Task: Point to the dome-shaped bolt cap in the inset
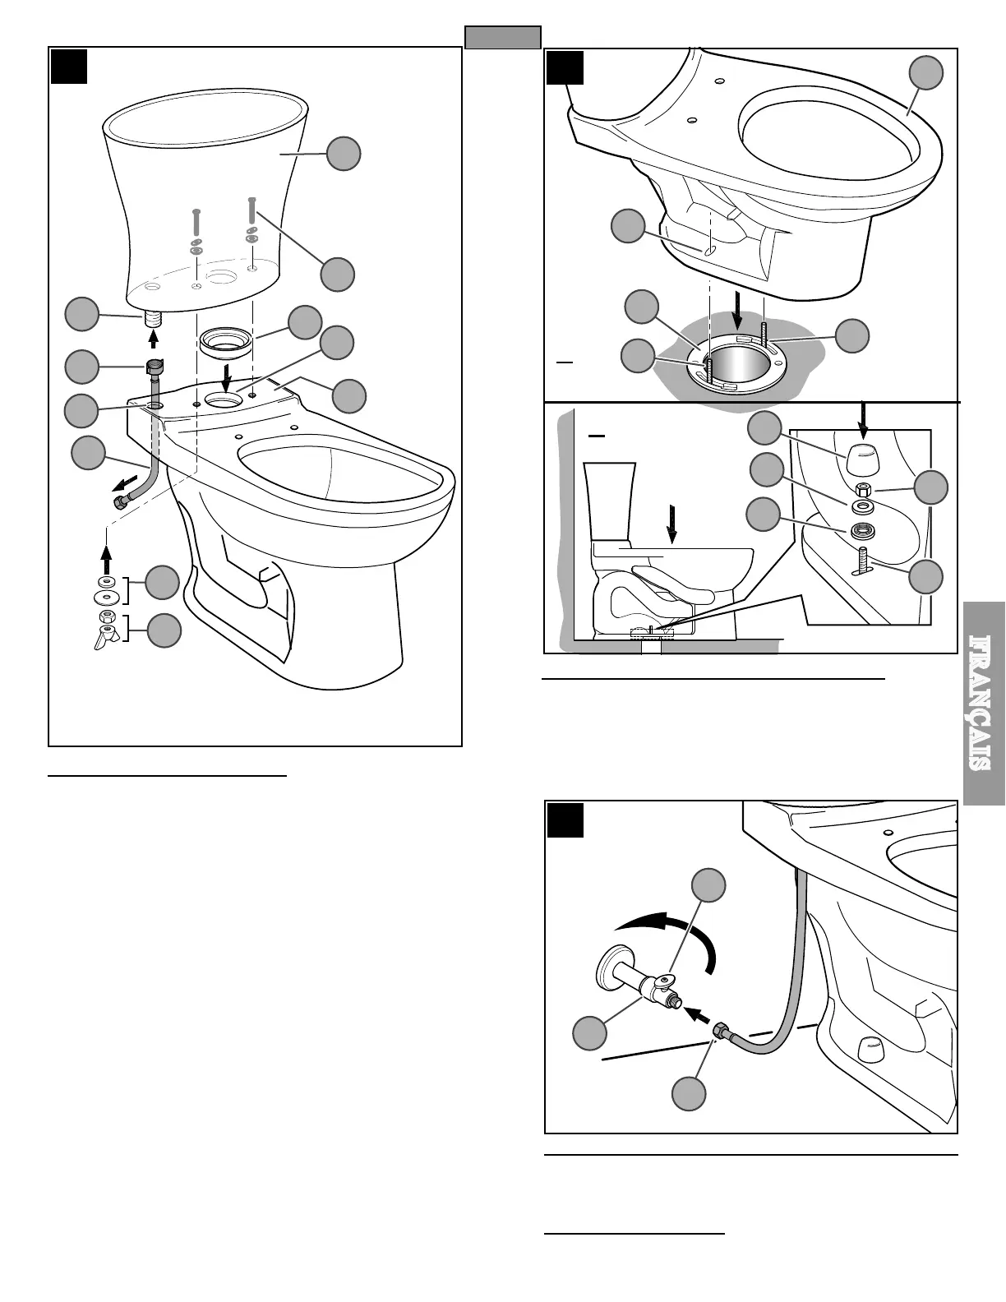tap(861, 454)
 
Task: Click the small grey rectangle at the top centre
tap(502, 38)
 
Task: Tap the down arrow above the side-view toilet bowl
tap(673, 525)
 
